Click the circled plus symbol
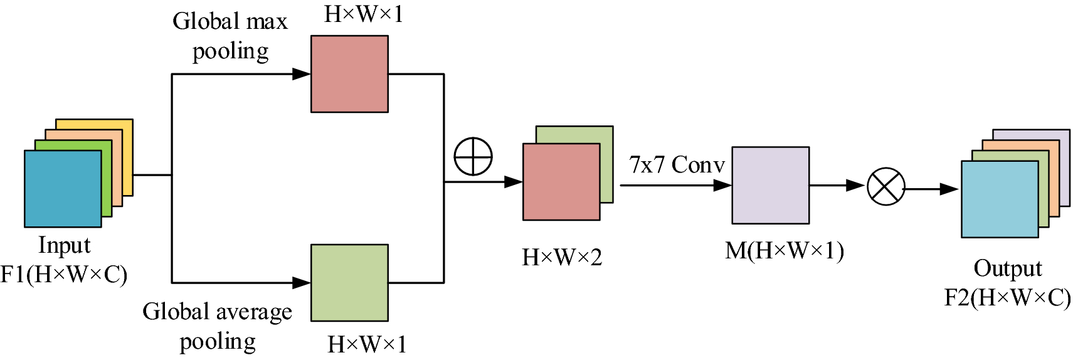(473, 156)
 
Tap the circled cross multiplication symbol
(885, 186)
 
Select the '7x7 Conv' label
(677, 165)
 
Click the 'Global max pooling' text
(230, 36)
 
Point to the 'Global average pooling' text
(218, 326)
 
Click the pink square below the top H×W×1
(349, 74)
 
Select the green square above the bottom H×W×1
(349, 283)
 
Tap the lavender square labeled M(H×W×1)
(770, 186)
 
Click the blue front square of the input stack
(63, 189)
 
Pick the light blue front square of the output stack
(1000, 199)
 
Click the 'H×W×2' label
(562, 257)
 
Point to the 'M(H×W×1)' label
(784, 251)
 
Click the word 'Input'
(64, 245)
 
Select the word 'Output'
(1007, 268)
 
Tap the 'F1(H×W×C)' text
(64, 275)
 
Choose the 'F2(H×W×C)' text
(1007, 297)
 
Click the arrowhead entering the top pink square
(302, 74)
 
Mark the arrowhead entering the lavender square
(723, 186)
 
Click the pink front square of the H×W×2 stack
(561, 182)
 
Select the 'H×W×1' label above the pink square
(364, 14)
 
